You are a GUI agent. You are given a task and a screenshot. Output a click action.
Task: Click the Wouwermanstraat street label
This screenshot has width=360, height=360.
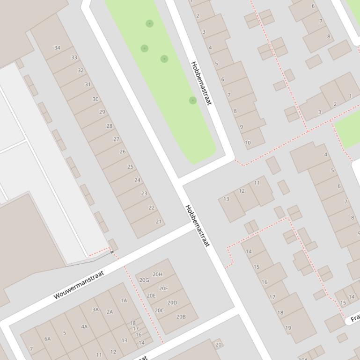78,284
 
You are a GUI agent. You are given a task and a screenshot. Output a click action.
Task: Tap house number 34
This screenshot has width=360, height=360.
57,48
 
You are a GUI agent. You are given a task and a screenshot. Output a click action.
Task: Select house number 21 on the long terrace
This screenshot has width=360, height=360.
159,222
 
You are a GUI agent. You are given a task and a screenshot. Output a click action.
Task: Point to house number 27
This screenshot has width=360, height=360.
116,139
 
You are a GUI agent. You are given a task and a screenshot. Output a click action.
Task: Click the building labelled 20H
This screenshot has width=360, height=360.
158,274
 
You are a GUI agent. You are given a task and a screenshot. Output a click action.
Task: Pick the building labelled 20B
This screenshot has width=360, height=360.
181,317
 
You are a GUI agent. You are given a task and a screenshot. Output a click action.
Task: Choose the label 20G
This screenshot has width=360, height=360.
144,281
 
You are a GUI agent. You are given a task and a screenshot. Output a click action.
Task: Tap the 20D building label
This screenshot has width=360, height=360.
172,302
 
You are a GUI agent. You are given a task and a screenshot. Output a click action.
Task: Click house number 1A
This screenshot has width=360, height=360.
124,301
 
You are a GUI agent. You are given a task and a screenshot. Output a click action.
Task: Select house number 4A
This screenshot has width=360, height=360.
84,327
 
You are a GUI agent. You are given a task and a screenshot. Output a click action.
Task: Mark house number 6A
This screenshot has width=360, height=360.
47,338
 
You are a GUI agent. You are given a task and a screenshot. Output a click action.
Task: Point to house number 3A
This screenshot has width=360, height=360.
96,310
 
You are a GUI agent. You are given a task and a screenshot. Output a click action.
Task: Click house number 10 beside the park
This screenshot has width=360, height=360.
248,143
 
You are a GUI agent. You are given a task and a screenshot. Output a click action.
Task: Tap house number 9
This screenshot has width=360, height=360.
242,127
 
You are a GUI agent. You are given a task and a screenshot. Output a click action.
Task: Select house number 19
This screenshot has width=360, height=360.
288,328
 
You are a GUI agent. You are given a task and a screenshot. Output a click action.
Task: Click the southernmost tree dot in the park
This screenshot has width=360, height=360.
192,101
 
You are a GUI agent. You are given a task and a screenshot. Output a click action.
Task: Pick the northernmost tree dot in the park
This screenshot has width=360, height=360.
149,23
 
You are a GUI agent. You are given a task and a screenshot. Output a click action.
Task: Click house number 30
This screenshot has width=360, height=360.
96,99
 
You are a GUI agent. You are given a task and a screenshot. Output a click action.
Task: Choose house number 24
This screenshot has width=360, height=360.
137,180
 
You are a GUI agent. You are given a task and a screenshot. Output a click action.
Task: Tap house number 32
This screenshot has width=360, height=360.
81,71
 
